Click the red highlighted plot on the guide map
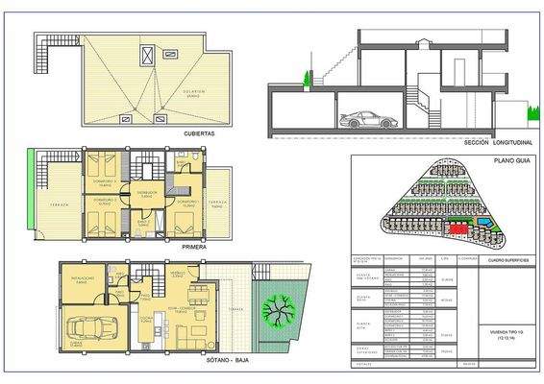click(458, 228)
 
